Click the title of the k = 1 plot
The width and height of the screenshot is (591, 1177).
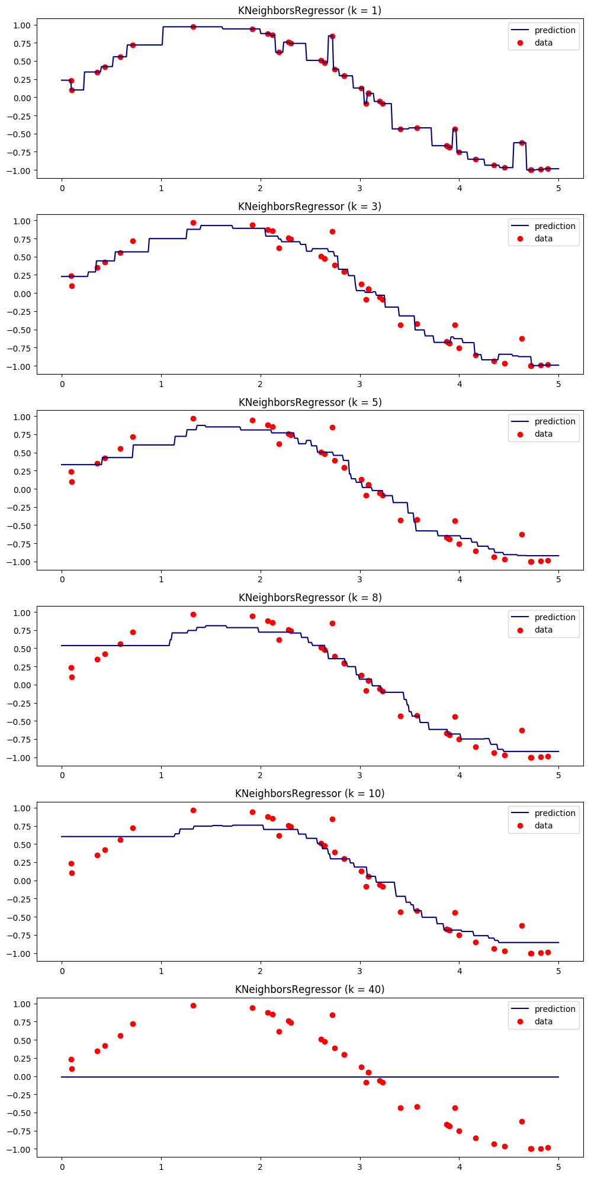click(x=310, y=11)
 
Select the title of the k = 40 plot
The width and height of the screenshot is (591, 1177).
click(x=310, y=989)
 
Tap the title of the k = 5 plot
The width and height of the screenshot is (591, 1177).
click(x=310, y=402)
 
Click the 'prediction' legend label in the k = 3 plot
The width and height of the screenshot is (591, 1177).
click(x=555, y=226)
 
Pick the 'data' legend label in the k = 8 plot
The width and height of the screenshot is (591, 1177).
click(x=543, y=630)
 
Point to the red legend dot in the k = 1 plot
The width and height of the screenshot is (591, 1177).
click(x=521, y=43)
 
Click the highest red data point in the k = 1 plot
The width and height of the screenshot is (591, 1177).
click(x=193, y=27)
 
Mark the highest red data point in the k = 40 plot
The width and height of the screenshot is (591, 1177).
click(x=193, y=1005)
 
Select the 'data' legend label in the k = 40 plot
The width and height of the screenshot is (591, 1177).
click(x=543, y=1021)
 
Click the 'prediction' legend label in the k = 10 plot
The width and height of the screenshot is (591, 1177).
click(x=555, y=813)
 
